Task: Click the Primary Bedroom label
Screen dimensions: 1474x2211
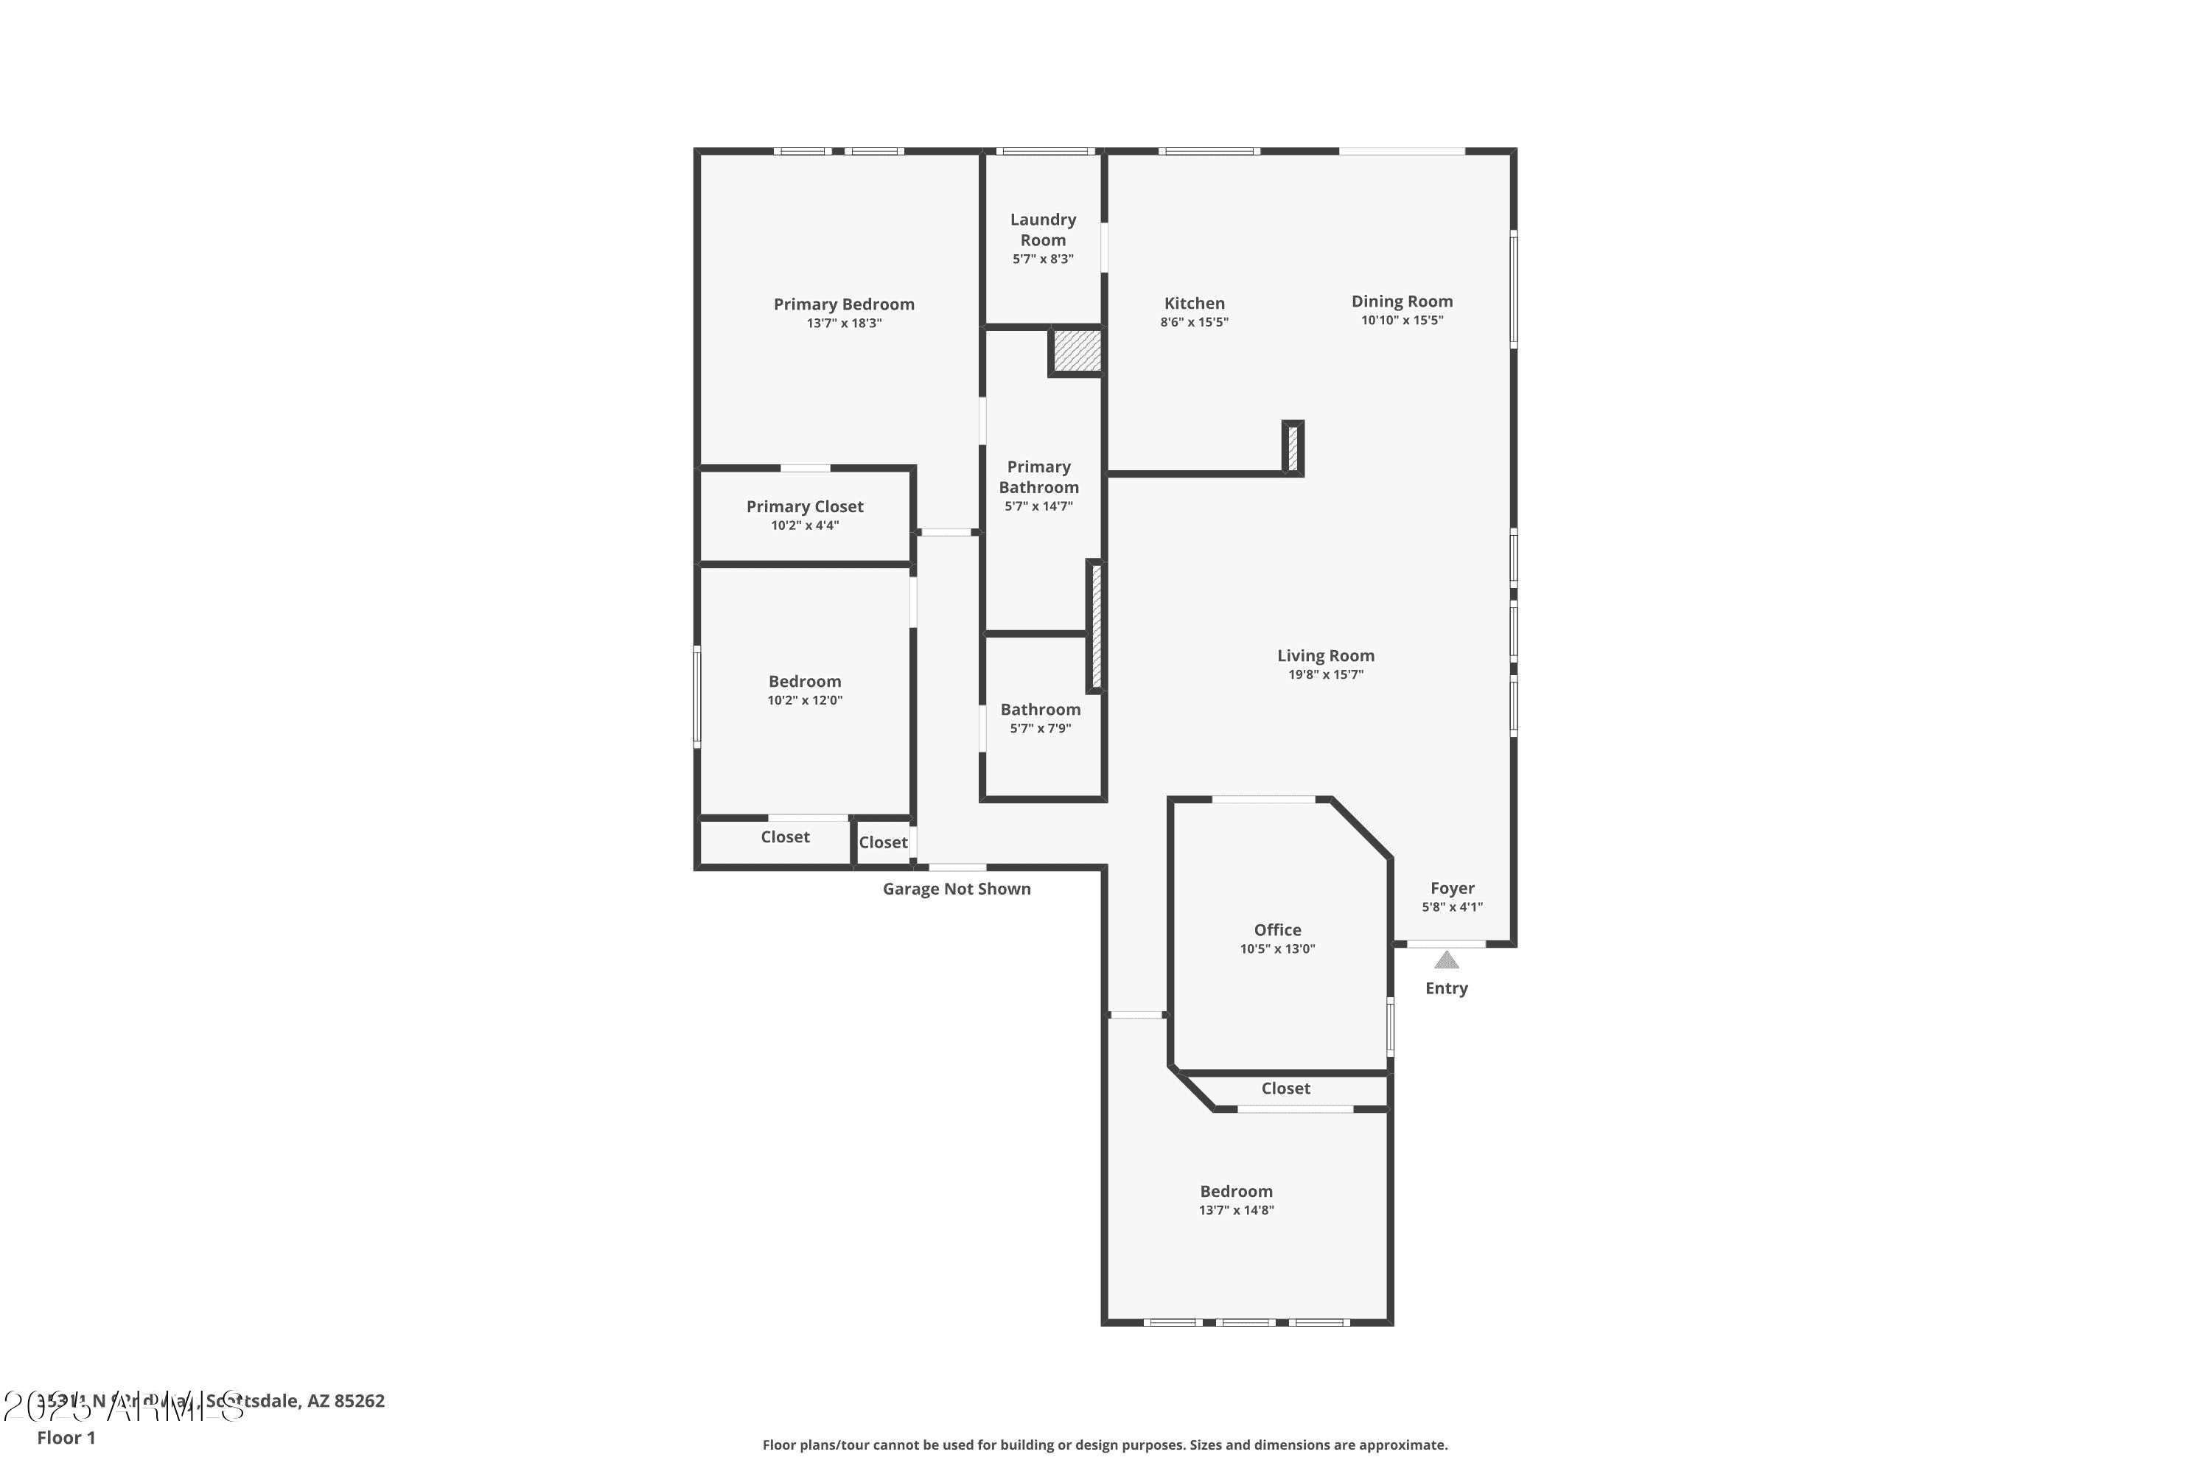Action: [x=843, y=304]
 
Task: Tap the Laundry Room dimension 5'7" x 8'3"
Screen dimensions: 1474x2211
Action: [x=1043, y=259]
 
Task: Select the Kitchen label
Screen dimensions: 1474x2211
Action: [x=1194, y=304]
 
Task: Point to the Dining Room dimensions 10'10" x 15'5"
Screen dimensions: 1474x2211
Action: [x=1402, y=321]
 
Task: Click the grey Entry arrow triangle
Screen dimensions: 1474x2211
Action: [x=1446, y=960]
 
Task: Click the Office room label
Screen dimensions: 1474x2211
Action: [x=1276, y=929]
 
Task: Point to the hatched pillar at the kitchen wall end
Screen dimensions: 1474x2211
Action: [x=1293, y=448]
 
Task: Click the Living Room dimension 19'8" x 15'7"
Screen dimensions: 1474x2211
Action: [x=1325, y=675]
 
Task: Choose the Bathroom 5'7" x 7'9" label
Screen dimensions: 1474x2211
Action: [x=1040, y=710]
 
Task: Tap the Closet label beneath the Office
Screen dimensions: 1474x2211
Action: [x=1285, y=1089]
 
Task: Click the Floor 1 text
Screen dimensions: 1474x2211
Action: [x=66, y=1437]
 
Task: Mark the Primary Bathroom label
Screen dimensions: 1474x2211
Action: [x=1038, y=478]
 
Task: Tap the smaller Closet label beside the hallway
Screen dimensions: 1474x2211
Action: [x=883, y=843]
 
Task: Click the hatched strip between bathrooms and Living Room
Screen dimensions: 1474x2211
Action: [x=1096, y=626]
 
